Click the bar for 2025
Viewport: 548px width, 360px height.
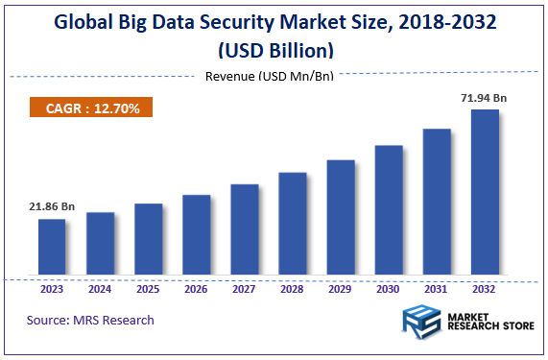tap(148, 241)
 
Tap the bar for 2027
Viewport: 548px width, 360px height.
tap(244, 230)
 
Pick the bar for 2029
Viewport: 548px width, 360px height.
tap(341, 219)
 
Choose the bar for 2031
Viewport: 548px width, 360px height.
tap(437, 203)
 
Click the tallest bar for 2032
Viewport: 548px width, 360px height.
tap(485, 193)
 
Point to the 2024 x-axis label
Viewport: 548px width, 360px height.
tap(100, 288)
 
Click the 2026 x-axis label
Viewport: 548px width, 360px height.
tap(196, 288)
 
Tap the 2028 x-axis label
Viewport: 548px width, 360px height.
tap(292, 288)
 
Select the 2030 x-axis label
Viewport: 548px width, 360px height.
tap(389, 288)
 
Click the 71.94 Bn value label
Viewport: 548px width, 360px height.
tap(485, 98)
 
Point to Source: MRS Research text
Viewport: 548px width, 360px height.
tap(90, 320)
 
